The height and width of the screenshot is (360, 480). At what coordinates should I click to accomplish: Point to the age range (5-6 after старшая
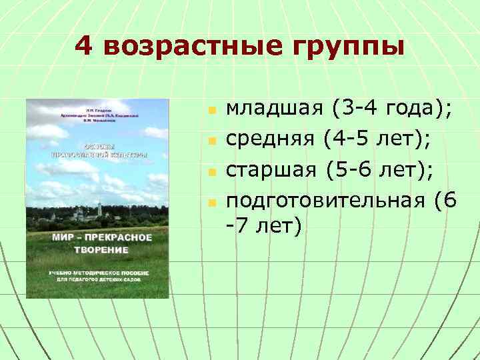click(351, 170)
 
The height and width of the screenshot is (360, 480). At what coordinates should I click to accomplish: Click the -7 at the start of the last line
click(237, 226)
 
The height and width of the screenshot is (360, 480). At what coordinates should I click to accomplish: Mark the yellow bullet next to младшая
click(210, 109)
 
